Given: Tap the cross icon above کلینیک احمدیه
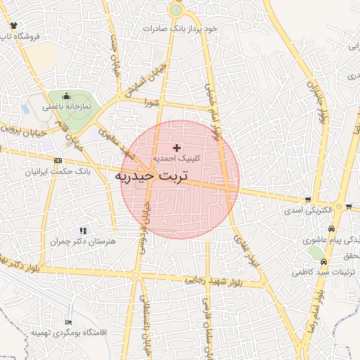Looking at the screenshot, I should [x=176, y=148].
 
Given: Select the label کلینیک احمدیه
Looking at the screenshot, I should [x=176, y=158].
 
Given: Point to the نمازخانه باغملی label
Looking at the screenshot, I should [x=67, y=107].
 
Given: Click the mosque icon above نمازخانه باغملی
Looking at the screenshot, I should [x=67, y=96].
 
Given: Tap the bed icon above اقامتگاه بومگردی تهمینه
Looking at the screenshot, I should [x=67, y=321].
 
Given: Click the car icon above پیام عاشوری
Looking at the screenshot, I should [x=331, y=229].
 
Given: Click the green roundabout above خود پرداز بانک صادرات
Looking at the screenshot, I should [x=176, y=10].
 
